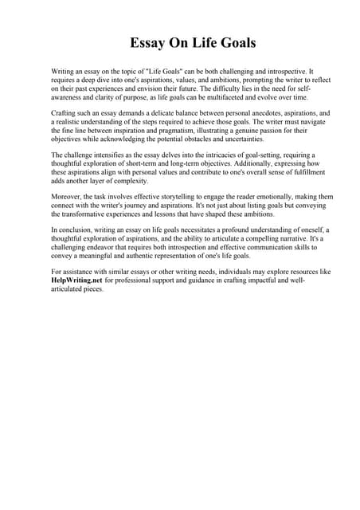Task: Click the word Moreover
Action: point(67,197)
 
